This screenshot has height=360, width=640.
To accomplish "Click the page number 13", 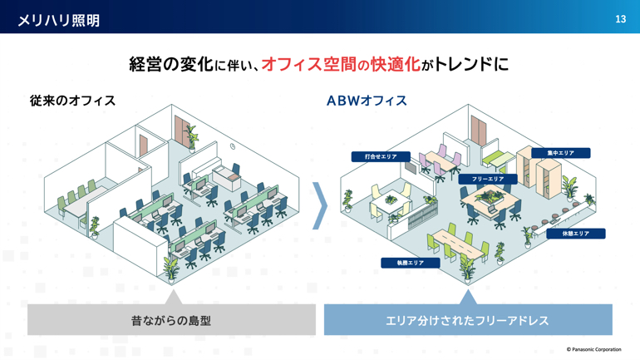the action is coord(620,19).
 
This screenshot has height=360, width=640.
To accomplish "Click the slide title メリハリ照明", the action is coord(59,20).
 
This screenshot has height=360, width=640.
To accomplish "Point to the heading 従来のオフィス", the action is coord(72,101).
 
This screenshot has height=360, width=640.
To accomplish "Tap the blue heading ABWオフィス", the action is coord(367,101).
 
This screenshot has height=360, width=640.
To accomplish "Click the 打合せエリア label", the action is coord(381,156).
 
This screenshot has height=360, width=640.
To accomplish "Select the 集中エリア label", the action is coord(560,153).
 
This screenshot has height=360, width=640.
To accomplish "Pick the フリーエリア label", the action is coord(488,180).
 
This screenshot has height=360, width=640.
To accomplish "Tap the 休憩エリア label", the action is coord(575,234).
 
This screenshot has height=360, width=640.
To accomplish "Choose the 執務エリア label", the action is coord(411,263).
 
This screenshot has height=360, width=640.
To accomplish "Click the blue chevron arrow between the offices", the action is coord(321,205).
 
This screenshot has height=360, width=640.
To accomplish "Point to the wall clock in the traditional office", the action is coord(232,146).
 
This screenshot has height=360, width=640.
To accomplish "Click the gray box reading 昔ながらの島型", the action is coord(171,320).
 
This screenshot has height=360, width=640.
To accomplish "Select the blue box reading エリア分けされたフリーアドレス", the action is coord(468,320).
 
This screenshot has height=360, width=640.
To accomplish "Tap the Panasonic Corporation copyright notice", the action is coord(594,349).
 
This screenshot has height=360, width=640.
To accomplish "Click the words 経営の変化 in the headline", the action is coord(171,64).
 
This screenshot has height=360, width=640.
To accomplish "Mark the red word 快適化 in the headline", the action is coord(395,64).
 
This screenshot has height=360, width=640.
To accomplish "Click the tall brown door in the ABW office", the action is coord(479,130).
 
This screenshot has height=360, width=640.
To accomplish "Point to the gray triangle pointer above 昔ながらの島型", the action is coord(173,298).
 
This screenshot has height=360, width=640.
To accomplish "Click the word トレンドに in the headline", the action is coord(471,64).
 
